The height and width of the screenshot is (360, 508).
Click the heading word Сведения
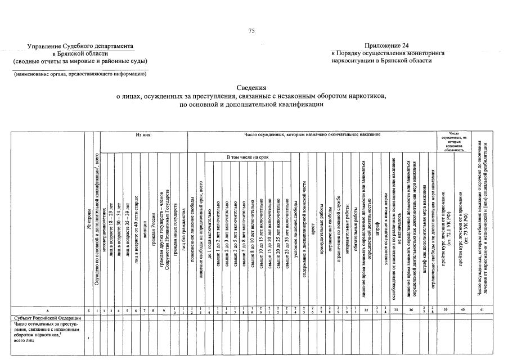click(251, 88)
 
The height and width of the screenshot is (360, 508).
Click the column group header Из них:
click(144, 135)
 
